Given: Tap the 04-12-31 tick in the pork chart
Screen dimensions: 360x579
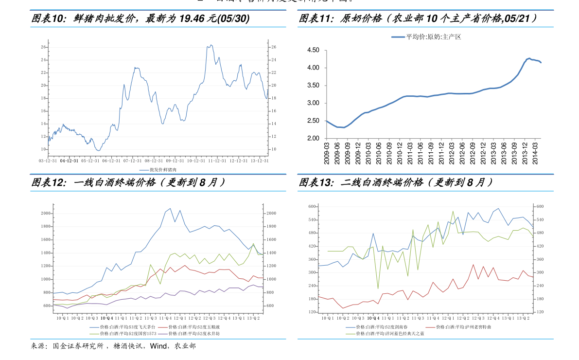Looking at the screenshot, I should coord(69,161).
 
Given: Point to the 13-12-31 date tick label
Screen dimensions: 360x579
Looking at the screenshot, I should coord(259,161).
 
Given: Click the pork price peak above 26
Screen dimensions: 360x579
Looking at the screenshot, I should coord(210,45).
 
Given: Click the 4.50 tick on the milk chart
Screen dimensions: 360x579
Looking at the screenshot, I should coord(313,50).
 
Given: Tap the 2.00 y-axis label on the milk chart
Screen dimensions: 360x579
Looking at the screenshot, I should coord(313,139).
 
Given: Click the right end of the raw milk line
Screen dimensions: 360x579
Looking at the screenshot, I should coord(541,63).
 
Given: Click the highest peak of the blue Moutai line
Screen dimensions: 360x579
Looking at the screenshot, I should coord(170,208).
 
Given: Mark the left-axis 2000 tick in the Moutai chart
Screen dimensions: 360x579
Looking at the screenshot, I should coord(47,214).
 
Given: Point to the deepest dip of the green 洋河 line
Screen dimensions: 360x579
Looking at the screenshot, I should coord(378,288).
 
